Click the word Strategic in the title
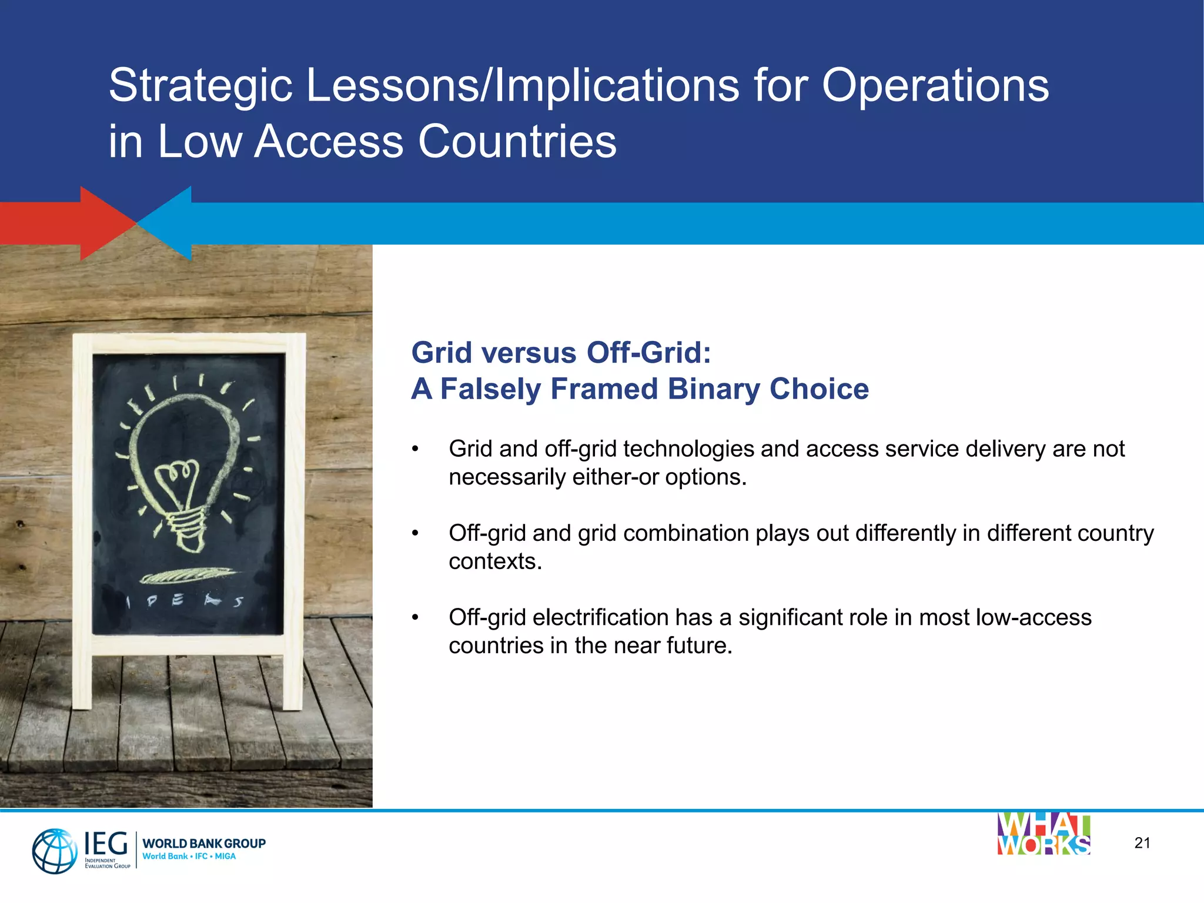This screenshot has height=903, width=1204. click(x=200, y=86)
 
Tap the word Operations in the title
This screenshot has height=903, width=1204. click(x=935, y=86)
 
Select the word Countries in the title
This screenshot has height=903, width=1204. click(x=517, y=142)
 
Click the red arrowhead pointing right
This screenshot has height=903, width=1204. click(x=106, y=223)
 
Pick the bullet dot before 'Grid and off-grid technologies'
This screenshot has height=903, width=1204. click(x=415, y=449)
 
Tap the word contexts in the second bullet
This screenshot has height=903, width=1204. click(x=494, y=561)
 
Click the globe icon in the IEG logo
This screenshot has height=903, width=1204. click(x=55, y=850)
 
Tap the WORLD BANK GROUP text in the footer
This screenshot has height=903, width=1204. click(x=204, y=843)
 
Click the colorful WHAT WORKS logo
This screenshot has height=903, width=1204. click(x=1044, y=834)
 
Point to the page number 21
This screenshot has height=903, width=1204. click(x=1142, y=843)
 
